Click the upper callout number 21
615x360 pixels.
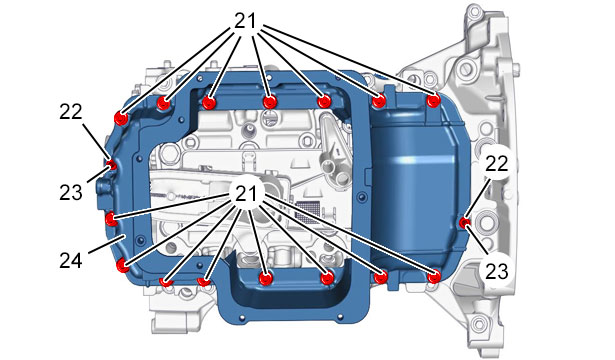[246, 20]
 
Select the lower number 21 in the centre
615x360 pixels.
[246, 193]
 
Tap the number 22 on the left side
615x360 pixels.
[71, 112]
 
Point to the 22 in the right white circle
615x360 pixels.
[497, 164]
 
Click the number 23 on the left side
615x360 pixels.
[71, 193]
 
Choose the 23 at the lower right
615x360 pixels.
[497, 271]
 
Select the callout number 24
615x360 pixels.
[71, 261]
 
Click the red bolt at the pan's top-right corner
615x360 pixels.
[433, 101]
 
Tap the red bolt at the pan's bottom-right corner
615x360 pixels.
[434, 277]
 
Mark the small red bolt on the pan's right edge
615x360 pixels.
[465, 223]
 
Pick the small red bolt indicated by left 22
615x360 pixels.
[112, 165]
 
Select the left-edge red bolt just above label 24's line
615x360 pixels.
[111, 218]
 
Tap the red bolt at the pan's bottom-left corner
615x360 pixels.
[123, 266]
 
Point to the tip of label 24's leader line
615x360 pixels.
[125, 235]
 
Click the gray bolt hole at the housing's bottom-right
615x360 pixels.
[478, 325]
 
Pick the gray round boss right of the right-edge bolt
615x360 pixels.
[486, 223]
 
